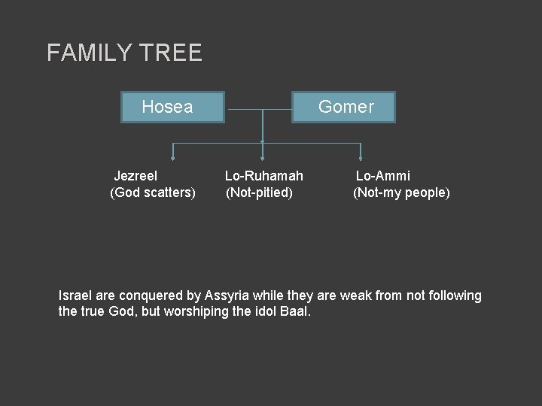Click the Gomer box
coord(346,107)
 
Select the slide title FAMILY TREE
coord(124,53)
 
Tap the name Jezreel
coord(135,176)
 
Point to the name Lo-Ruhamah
coord(264,176)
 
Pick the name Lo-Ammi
coord(382,176)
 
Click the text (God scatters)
coord(153,193)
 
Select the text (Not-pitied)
coord(260,193)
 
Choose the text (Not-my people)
coord(402,193)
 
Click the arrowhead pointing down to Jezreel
coord(173,158)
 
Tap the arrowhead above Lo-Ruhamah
coord(262,158)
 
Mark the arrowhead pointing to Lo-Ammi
coord(361,158)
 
